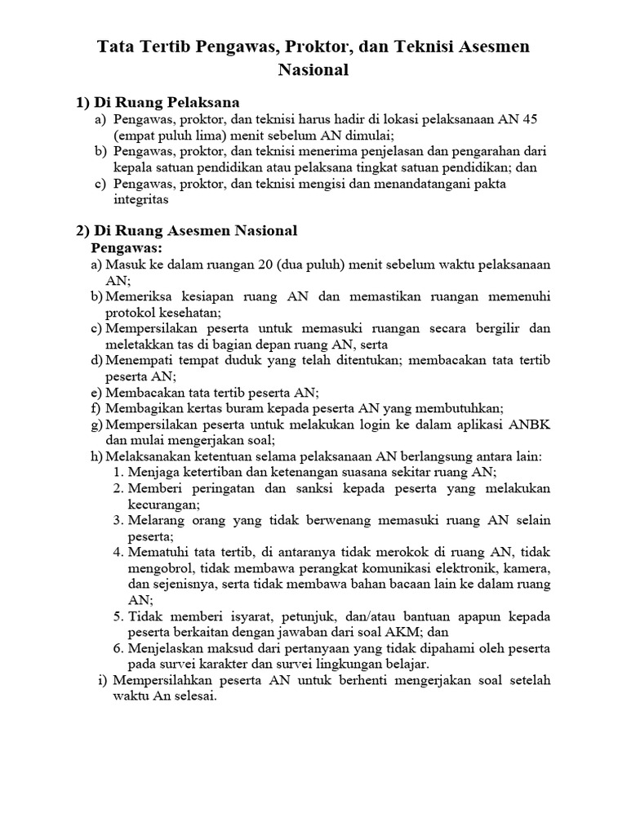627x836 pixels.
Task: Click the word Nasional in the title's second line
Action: [x=313, y=70]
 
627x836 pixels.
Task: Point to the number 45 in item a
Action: [x=529, y=119]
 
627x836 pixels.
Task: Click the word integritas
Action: [x=141, y=199]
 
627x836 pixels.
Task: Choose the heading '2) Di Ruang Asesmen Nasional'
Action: [x=187, y=231]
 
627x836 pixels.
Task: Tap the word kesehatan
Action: [x=187, y=312]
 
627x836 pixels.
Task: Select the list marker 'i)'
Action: [x=102, y=680]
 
